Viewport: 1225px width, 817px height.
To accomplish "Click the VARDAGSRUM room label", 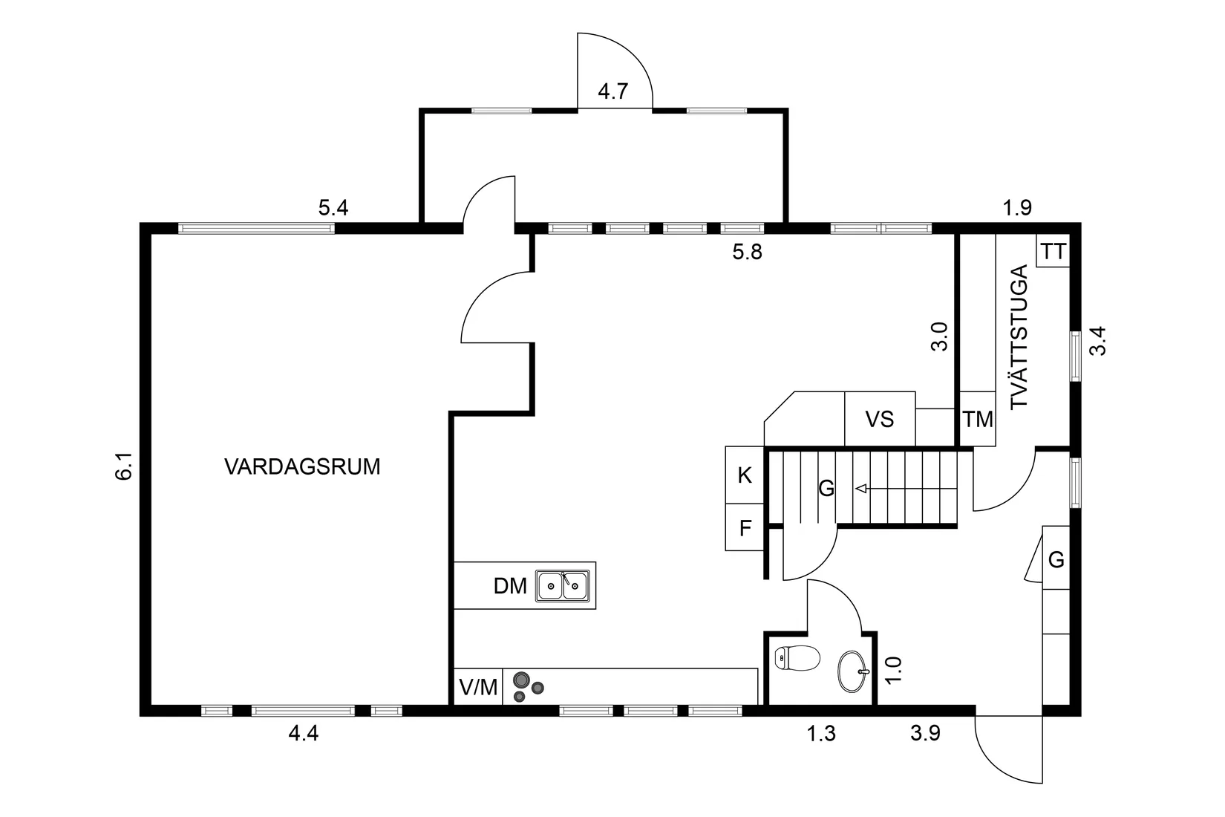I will point(302,467).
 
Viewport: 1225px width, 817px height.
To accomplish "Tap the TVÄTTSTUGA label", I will point(1021,336).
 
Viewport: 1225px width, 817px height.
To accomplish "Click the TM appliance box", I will point(978,420).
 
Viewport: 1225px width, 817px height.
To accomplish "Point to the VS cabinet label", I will point(879,420).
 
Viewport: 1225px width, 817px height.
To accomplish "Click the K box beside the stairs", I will point(745,475).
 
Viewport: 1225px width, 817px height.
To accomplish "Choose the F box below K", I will point(745,528).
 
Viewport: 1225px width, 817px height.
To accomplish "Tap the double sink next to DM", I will point(563,585).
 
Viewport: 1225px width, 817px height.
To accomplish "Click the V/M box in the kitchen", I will point(478,687).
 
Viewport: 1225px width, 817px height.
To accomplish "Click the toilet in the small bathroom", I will point(795,658).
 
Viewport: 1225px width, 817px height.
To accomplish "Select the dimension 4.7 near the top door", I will point(613,91).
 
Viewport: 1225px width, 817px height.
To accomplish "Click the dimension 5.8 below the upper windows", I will point(747,253).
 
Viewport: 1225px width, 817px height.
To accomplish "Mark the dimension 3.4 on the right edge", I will point(1098,342).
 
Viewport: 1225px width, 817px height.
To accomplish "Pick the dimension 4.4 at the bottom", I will point(303,734).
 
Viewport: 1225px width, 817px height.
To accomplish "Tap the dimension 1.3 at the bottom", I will point(821,734).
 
